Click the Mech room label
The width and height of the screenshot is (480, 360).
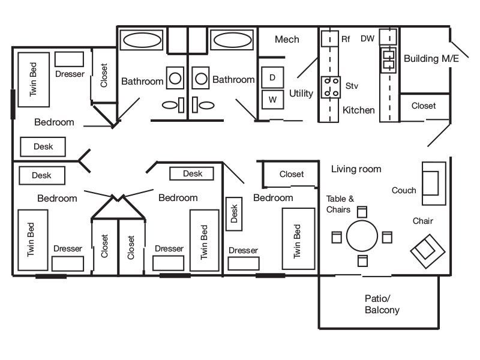tap(287, 40)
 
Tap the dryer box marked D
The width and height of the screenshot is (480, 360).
tap(272, 78)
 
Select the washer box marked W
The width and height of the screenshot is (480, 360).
tap(272, 100)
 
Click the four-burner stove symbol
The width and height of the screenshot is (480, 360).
tap(329, 86)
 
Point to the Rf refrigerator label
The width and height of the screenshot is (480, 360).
tap(346, 39)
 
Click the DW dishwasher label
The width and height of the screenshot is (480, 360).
tap(367, 39)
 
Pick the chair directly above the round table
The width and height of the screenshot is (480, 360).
tap(362, 211)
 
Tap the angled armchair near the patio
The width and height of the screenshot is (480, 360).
tap(427, 248)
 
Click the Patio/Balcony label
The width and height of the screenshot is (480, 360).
tap(382, 304)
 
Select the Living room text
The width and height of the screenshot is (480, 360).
tap(356, 169)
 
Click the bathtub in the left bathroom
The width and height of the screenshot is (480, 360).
tap(142, 41)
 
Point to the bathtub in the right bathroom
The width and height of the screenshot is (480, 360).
tap(233, 41)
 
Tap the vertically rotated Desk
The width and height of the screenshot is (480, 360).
tap(234, 214)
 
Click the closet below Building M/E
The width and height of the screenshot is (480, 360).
tap(424, 106)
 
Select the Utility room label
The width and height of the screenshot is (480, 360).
tap(301, 94)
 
